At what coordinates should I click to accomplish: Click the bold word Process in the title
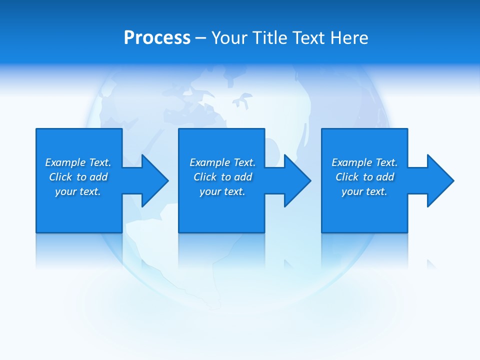[x=157, y=38]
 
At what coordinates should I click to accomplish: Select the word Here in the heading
[x=349, y=38]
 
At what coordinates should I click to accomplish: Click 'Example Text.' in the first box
[x=78, y=162]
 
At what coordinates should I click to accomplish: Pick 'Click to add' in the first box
[x=78, y=177]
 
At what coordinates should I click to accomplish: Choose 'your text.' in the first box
[x=78, y=191]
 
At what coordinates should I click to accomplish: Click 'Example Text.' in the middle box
[x=222, y=162]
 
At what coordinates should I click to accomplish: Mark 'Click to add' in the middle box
[x=222, y=177]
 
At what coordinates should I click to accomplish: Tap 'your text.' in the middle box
[x=222, y=191]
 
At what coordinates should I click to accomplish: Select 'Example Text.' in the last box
[x=364, y=162]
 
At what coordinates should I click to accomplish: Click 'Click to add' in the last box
[x=364, y=177]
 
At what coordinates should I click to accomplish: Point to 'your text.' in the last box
[x=364, y=191]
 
